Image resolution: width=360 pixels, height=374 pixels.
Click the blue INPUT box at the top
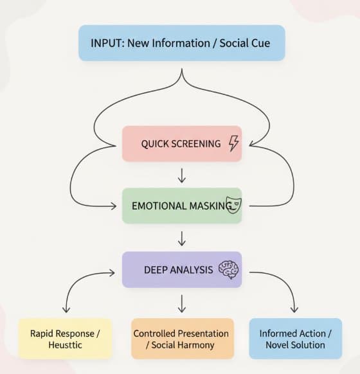coord(182,43)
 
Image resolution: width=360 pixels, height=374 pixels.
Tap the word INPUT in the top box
coord(106,43)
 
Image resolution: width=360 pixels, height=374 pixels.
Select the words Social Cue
coord(245,43)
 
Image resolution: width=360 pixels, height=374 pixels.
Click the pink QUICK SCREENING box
coord(182,144)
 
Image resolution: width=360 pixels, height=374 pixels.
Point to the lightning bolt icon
coord(233,143)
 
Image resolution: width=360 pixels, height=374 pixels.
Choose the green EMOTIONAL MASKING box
coord(182,206)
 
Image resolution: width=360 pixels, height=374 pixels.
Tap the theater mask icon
coord(233,205)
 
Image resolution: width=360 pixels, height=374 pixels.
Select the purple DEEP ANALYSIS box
coord(182,269)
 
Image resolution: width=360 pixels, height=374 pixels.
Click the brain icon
coord(229,270)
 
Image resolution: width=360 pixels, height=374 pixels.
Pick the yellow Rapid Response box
coord(65,339)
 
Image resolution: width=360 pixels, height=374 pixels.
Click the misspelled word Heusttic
coord(65,345)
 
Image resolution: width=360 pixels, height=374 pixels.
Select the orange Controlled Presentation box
coord(183,339)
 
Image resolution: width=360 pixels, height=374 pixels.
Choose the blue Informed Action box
coord(296,339)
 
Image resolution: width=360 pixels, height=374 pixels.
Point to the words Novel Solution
coord(295,345)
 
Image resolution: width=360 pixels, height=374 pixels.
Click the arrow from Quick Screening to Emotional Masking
coord(182,175)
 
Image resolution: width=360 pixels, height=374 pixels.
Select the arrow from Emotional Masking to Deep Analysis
coord(182,238)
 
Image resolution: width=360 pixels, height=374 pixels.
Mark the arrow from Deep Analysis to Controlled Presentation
coord(182,304)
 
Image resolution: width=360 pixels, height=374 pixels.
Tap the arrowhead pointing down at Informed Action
coord(294,310)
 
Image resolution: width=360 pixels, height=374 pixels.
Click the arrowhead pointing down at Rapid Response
coord(66,310)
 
